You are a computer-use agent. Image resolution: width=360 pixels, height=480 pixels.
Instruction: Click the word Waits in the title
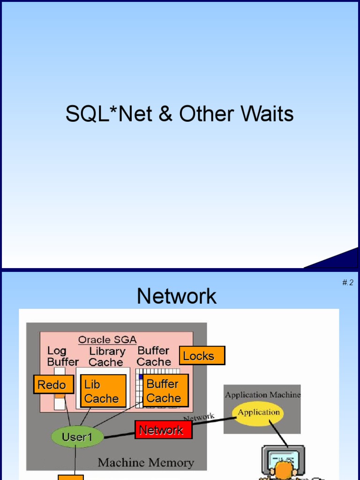(x=267, y=113)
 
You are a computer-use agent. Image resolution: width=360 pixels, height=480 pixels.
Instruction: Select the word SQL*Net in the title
(x=109, y=113)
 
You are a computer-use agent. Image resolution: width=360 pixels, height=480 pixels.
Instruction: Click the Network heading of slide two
(x=177, y=296)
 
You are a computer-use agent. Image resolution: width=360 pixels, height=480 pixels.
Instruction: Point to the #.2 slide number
(x=348, y=282)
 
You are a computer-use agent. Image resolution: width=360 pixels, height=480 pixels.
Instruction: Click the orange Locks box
(x=202, y=355)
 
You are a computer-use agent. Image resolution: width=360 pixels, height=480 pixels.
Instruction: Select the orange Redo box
(x=53, y=384)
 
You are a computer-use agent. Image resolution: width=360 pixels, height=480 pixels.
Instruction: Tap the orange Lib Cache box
(x=103, y=391)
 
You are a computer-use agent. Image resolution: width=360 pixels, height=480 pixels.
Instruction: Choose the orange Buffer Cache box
(x=165, y=390)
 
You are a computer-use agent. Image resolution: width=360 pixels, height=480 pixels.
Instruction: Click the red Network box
(x=164, y=429)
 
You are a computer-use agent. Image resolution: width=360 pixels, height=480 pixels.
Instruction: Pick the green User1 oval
(x=77, y=437)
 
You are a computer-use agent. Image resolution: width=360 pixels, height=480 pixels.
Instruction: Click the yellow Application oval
(x=259, y=413)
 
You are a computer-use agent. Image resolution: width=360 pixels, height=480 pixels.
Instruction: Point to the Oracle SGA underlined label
(x=107, y=340)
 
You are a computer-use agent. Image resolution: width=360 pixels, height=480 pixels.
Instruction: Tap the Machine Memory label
(x=146, y=463)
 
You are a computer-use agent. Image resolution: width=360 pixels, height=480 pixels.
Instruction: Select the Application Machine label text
(x=263, y=395)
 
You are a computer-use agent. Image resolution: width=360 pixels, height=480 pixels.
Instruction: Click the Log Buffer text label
(x=63, y=356)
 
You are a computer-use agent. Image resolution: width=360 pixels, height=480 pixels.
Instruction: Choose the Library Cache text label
(x=107, y=357)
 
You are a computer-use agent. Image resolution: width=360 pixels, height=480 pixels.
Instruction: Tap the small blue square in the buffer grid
(x=141, y=376)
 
